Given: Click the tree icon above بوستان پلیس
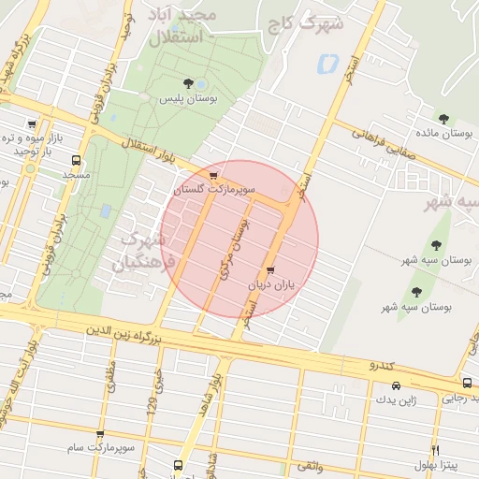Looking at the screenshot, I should coord(190,84).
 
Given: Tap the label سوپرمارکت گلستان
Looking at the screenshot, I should coord(214,189).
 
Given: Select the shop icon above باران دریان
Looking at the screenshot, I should coord(271,270).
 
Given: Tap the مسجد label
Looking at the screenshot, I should coord(76,175).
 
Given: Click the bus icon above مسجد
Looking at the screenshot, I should coord(76,160).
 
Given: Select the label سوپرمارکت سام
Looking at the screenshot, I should coord(100,447).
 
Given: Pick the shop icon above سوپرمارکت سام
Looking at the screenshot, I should coord(100,434).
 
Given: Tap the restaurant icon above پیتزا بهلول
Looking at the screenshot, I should coord(434,451).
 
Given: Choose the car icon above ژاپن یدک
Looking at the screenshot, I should coord(396,385).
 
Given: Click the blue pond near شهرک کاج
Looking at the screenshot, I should coord(327,65).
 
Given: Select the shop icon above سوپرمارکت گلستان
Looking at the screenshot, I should coord(214,175).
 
